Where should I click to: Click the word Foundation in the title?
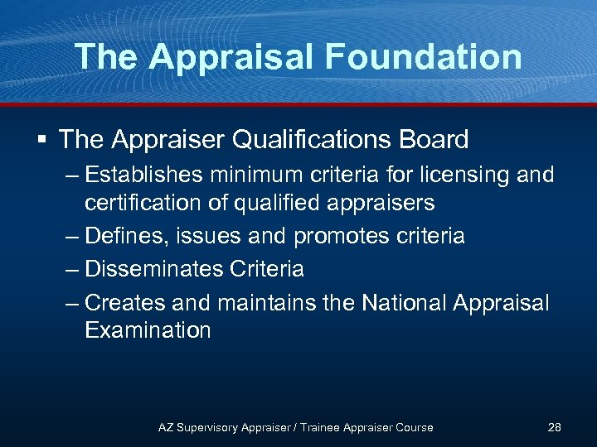424,56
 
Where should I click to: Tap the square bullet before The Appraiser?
41,139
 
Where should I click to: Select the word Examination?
148,330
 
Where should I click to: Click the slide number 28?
555,427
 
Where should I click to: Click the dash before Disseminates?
72,269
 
